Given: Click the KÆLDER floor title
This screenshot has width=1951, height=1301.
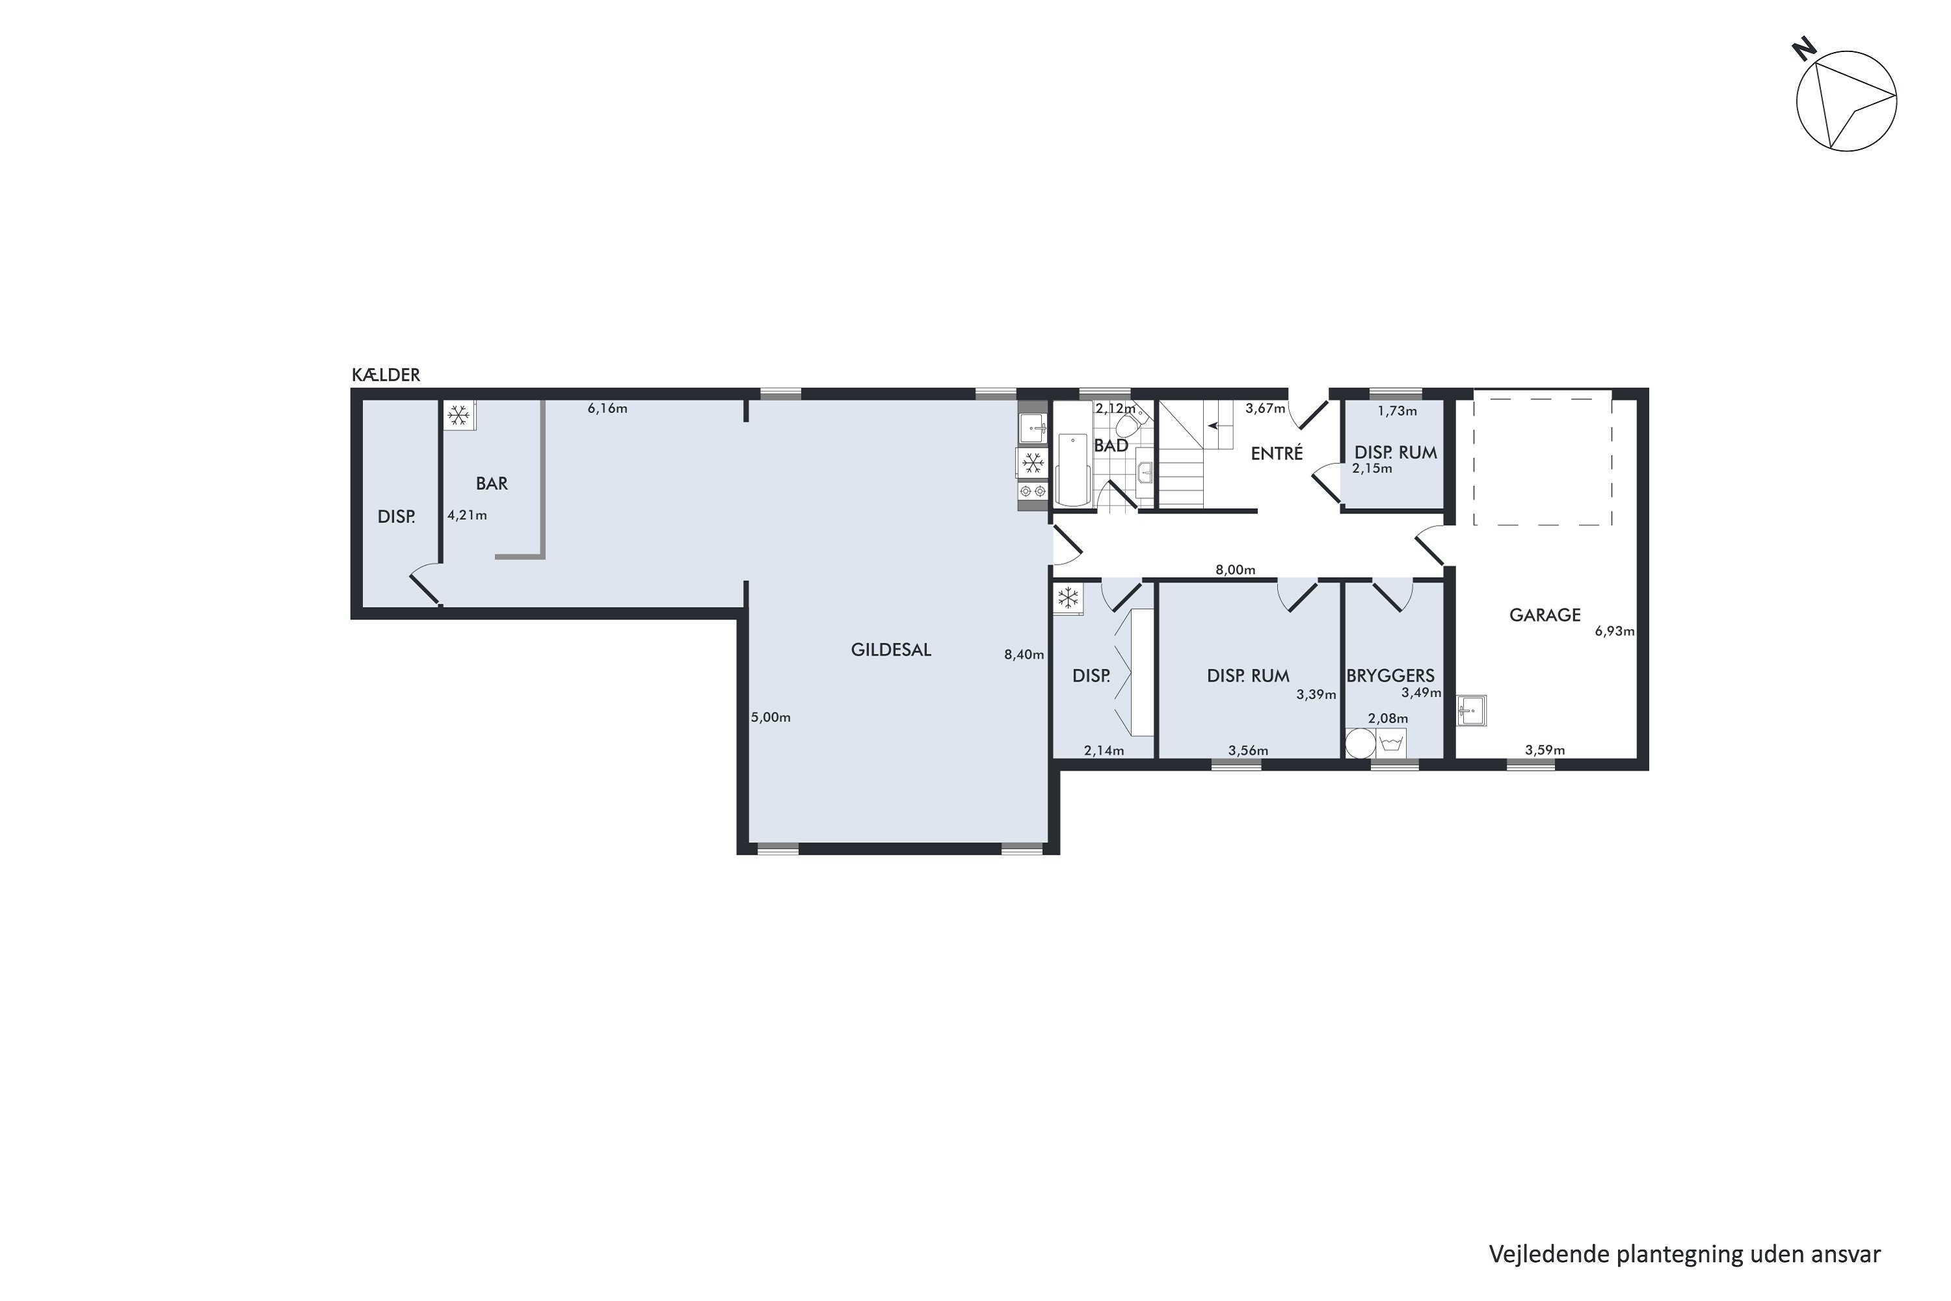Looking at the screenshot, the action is coord(386,375).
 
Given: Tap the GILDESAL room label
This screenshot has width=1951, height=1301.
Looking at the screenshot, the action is coord(891,650).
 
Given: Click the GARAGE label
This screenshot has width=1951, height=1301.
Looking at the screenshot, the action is coord(1545,615).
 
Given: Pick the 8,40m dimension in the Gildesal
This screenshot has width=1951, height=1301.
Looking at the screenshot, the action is coord(1024,654).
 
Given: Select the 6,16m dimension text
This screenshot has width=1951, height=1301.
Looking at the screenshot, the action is coord(607,409).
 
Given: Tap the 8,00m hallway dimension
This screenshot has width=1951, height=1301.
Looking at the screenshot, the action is coord(1235,570).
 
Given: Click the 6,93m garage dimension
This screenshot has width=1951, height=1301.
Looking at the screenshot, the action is coord(1614,632).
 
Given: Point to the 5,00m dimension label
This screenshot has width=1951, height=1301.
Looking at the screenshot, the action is coord(771,718).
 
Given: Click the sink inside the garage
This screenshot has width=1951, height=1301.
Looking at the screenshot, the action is coord(1472,710).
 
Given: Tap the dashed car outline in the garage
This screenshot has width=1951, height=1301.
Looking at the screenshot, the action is coord(1543,461).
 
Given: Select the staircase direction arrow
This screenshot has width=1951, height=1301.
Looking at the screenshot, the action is coord(1216,425).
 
